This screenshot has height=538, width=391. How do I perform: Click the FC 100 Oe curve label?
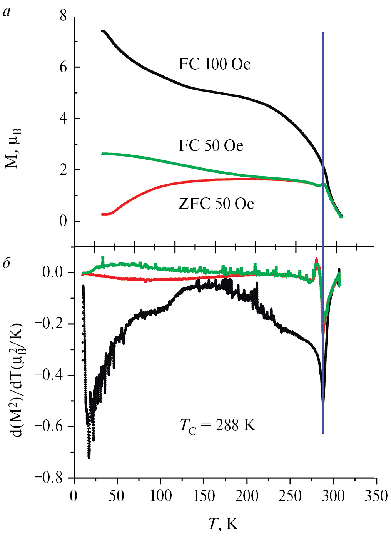pos(214,64)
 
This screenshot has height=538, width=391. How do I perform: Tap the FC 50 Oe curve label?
pos(211,146)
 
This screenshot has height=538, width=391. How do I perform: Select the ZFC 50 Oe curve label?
pos(216,204)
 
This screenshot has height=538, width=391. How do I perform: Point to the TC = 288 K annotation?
pos(217,426)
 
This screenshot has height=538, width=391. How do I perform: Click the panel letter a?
pos(7,12)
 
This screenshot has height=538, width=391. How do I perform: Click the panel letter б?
pos(7,263)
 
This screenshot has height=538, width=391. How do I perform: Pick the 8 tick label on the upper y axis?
pos(63,16)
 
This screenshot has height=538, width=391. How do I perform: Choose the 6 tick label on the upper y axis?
pos(63,67)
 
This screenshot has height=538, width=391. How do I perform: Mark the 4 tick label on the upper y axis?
pos(63,119)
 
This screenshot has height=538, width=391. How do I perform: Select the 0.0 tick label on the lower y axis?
pos(52,272)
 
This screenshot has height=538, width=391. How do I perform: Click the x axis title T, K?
pos(223,524)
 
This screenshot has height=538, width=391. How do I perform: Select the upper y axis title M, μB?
pos(14,148)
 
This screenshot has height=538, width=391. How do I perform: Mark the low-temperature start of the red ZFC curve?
pos(102,214)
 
